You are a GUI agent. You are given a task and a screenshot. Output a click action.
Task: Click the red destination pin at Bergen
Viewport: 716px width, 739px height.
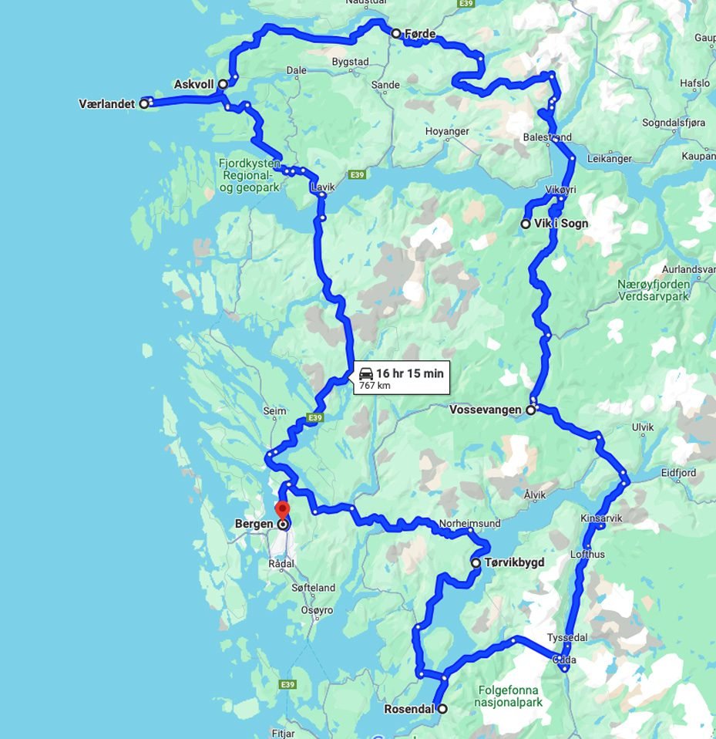coord(282,511)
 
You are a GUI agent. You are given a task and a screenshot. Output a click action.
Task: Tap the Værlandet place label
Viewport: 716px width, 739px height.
coord(106,103)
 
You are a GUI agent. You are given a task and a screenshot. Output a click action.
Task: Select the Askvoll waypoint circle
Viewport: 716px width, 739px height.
coord(223,84)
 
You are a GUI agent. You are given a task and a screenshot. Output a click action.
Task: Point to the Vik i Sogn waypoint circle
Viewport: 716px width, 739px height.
coord(526,224)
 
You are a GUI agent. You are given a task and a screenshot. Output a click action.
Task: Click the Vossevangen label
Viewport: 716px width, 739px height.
coord(486,410)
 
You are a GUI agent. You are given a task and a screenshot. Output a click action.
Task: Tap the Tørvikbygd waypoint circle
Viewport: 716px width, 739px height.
coord(476,564)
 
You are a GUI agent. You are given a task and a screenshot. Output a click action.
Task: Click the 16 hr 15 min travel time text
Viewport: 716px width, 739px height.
coord(410,373)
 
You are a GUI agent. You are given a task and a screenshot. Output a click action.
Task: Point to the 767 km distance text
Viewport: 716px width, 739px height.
coord(375,385)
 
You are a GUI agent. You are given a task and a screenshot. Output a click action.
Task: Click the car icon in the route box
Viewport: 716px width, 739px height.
coord(366,373)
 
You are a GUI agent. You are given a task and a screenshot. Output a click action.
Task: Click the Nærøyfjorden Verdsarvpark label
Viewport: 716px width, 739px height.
coord(654,290)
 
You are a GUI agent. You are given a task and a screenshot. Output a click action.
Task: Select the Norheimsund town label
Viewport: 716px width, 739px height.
coord(469,524)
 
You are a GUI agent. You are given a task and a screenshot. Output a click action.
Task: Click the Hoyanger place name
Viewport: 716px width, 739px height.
coord(447,132)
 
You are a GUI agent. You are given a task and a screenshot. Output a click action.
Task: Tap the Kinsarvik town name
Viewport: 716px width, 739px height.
coord(601,518)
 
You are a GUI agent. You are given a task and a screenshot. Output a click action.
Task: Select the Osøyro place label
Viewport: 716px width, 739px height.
coord(316,610)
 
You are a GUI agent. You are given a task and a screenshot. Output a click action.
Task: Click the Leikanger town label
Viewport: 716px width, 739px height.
coord(609,159)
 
